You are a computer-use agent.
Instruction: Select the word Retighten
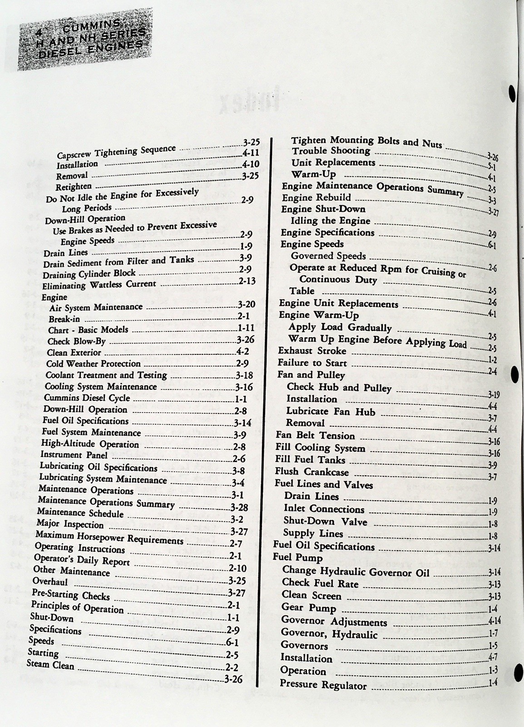[x=74, y=186]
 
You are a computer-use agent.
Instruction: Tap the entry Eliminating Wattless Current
[x=99, y=285]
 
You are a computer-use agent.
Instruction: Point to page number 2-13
[x=247, y=281]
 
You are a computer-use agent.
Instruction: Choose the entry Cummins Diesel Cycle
[x=87, y=398]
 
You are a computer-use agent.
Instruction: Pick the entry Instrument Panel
[x=74, y=455]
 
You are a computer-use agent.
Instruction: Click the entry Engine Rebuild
[x=316, y=198]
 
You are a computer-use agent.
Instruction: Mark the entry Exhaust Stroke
[x=312, y=351]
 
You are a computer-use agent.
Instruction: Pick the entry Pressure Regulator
[x=323, y=684]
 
